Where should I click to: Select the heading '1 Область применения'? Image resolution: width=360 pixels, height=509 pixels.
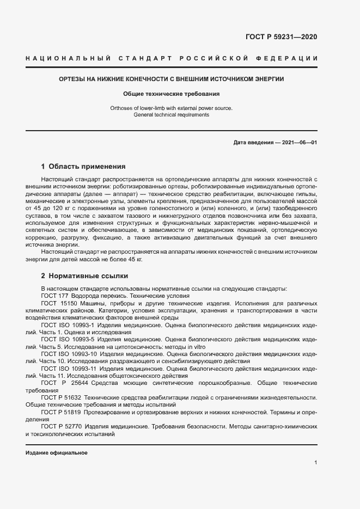point(83,167)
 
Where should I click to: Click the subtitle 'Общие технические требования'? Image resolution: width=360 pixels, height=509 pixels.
point(172,94)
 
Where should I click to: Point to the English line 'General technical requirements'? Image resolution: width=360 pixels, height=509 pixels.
point(172,115)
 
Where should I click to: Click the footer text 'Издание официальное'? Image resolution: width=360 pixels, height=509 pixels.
point(57,453)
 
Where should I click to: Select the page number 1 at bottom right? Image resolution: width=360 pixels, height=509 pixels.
point(315,463)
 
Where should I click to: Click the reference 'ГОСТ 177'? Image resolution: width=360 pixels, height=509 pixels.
point(53,295)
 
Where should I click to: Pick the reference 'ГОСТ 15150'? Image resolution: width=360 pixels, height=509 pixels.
point(57,303)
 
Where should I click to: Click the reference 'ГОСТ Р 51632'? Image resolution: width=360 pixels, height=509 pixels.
point(61,398)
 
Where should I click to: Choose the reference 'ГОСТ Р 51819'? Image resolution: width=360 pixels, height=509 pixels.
point(61,413)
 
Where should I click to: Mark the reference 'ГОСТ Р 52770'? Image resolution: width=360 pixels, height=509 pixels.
point(61,427)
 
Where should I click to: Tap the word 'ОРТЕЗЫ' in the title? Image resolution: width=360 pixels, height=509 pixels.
point(71,79)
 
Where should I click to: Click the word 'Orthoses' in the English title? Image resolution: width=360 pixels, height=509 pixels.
point(121,108)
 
